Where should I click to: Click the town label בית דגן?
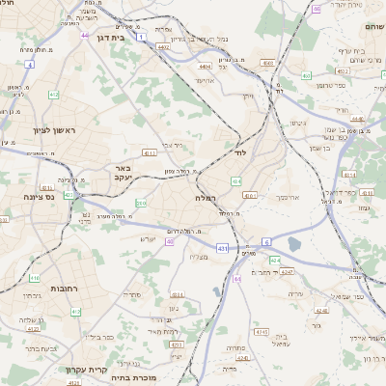click(113, 36)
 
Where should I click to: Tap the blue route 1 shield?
click(141, 37)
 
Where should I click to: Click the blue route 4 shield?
click(29, 65)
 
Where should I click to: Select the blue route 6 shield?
click(266, 241)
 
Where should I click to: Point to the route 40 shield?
click(169, 241)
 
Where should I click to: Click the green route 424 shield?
click(275, 260)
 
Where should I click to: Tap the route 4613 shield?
click(151, 152)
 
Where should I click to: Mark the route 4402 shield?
click(163, 45)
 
